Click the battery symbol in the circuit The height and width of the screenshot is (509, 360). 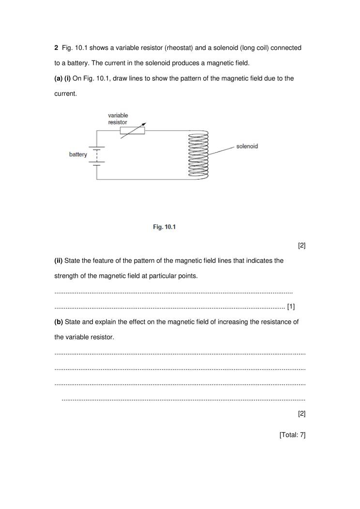tap(97, 155)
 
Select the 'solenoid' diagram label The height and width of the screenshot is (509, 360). tap(247, 146)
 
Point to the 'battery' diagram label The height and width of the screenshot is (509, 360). tap(78, 154)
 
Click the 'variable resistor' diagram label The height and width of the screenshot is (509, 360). tap(118, 119)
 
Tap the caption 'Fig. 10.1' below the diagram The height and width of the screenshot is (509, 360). tap(165, 227)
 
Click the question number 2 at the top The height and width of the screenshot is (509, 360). tap(56, 48)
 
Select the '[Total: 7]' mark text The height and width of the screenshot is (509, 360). tap(292, 435)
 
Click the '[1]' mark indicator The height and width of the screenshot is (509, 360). tap(291, 306)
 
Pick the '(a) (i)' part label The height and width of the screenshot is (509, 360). tap(62, 78)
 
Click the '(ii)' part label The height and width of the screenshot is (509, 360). tap(59, 261)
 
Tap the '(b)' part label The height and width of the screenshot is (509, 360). tap(59, 322)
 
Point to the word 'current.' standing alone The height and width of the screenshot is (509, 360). tap(65, 94)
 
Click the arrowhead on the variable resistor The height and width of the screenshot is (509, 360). tap(144, 124)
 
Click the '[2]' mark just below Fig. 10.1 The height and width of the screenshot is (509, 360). tap(301, 246)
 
